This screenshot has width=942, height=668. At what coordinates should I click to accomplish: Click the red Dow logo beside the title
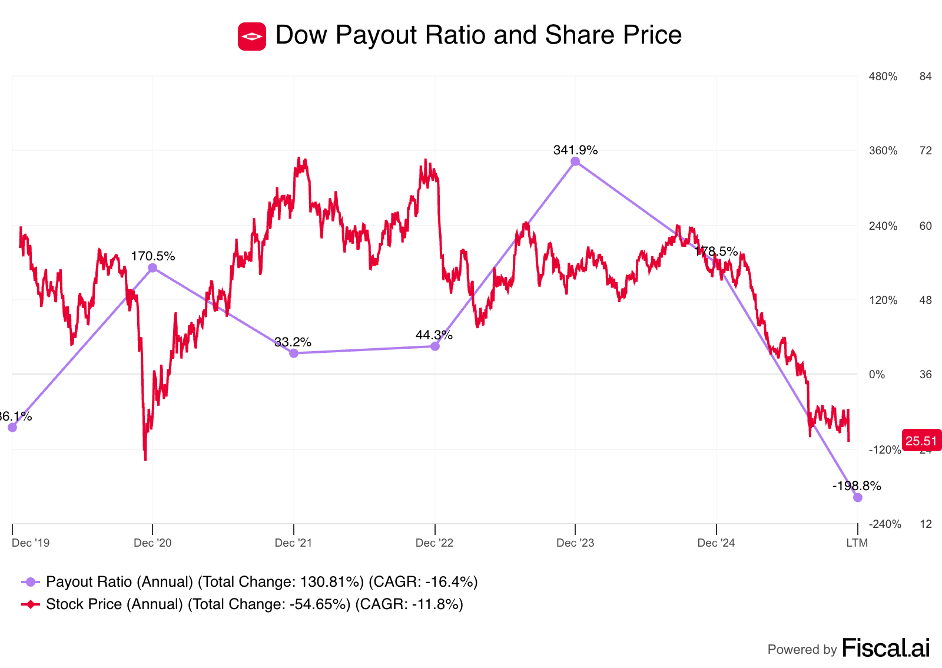click(x=252, y=37)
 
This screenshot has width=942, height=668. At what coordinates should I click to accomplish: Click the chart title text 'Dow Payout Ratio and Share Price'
click(x=478, y=35)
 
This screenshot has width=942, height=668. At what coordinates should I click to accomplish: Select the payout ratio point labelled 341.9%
click(x=575, y=161)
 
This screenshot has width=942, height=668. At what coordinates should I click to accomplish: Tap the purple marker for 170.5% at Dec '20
click(x=152, y=268)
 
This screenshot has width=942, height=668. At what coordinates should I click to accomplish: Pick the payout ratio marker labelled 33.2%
click(x=294, y=353)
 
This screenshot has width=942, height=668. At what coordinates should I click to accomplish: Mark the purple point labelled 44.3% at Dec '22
click(x=435, y=346)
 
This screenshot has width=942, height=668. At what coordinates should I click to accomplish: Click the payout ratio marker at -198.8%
click(x=858, y=498)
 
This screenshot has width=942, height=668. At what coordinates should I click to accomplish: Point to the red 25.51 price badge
click(x=921, y=441)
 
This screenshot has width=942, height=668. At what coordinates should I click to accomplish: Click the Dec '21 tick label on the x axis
click(x=293, y=543)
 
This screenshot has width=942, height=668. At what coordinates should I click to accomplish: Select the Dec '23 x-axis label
click(x=575, y=543)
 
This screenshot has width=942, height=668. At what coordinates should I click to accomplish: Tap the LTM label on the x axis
click(x=857, y=543)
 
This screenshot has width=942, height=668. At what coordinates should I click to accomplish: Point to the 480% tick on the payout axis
click(x=883, y=77)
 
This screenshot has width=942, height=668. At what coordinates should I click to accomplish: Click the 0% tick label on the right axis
click(x=877, y=375)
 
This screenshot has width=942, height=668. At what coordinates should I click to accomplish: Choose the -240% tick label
click(x=885, y=524)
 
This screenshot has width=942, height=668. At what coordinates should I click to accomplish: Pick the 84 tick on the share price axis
click(x=926, y=77)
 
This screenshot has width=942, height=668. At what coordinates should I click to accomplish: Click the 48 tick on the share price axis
click(x=926, y=300)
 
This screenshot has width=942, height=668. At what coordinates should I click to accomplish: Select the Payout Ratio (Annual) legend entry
click(x=250, y=582)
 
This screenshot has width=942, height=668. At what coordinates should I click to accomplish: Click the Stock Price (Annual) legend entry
click(x=242, y=604)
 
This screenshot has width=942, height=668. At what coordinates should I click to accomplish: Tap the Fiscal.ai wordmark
click(x=886, y=648)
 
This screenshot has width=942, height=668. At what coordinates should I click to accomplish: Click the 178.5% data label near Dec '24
click(x=716, y=252)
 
